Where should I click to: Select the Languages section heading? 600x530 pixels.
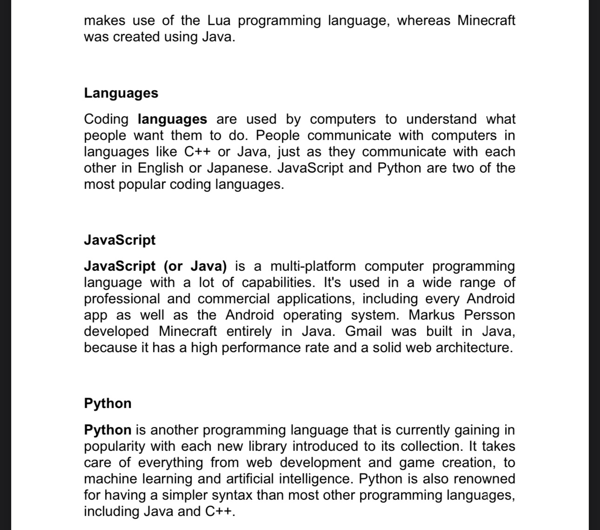(121, 93)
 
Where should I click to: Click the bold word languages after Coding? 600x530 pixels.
(173, 120)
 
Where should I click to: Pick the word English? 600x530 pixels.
(160, 168)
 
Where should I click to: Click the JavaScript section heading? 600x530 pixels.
(120, 240)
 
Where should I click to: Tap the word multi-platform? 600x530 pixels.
(313, 266)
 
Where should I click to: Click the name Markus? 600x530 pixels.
(431, 315)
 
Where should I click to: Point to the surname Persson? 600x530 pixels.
(489, 315)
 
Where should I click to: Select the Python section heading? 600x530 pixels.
(107, 403)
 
